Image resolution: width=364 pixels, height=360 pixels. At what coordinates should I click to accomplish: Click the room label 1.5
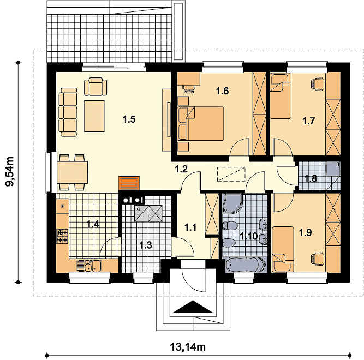[129, 119]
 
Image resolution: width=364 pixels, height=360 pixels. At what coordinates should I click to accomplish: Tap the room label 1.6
[223, 91]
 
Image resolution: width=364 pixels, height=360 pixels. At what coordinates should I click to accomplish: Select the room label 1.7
[309, 121]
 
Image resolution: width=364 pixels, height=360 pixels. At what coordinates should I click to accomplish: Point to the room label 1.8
[311, 179]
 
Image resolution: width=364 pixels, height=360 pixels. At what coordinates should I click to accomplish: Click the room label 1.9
[305, 232]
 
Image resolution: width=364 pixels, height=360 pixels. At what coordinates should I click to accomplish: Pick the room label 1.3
[146, 245]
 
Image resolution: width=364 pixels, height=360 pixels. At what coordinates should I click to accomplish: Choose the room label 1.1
[190, 227]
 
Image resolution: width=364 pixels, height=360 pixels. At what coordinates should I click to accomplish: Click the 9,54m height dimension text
[10, 172]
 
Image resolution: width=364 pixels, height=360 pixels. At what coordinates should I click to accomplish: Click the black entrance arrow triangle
[193, 307]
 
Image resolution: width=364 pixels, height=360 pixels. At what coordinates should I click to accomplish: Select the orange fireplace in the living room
[129, 183]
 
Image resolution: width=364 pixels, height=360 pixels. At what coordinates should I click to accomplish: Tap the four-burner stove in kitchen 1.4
[62, 236]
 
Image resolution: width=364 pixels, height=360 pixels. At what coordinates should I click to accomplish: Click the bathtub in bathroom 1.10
[246, 265]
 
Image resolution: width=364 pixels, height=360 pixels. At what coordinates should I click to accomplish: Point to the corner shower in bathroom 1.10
[232, 203]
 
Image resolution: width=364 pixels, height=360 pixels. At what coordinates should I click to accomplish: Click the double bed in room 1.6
[201, 123]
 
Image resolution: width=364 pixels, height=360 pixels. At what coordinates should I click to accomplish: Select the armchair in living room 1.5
[96, 87]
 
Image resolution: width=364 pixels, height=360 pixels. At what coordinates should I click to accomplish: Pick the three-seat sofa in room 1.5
[68, 112]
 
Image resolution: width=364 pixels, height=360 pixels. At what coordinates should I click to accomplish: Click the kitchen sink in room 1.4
[89, 266]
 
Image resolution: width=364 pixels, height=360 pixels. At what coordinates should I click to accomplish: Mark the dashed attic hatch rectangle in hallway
[231, 174]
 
